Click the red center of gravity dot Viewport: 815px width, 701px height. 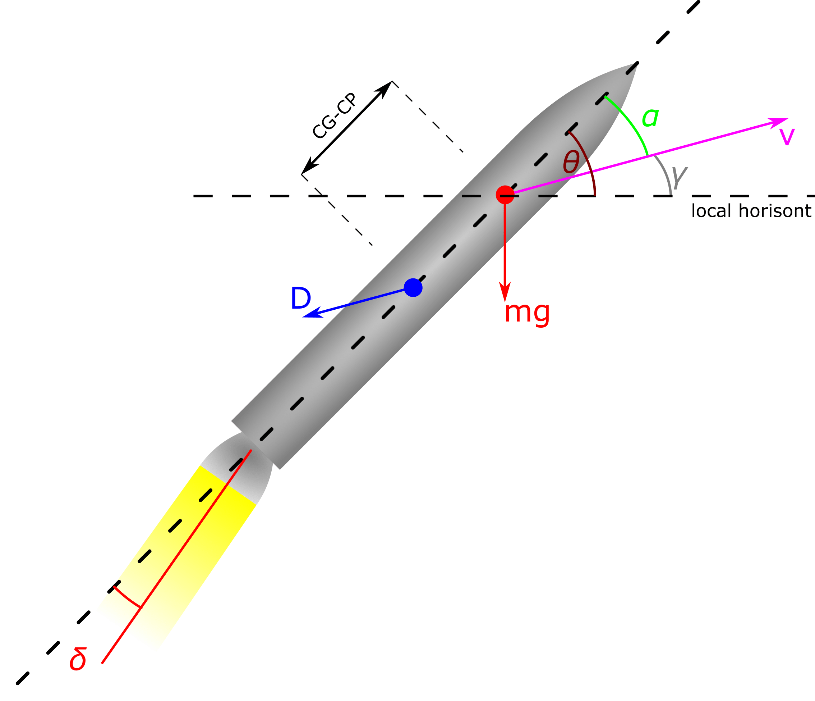coord(505,195)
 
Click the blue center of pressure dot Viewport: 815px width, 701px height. coord(413,287)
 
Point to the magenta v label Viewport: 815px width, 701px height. coord(787,137)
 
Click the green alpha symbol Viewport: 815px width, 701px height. coord(650,117)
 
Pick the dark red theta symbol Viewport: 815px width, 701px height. coord(571,162)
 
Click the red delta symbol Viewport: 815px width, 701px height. coord(78,659)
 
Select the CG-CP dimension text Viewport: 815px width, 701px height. coord(334,116)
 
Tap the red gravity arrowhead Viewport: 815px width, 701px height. coord(505,292)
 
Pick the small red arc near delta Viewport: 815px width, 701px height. coord(126,598)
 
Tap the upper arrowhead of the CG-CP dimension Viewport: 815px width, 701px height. coord(383,90)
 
